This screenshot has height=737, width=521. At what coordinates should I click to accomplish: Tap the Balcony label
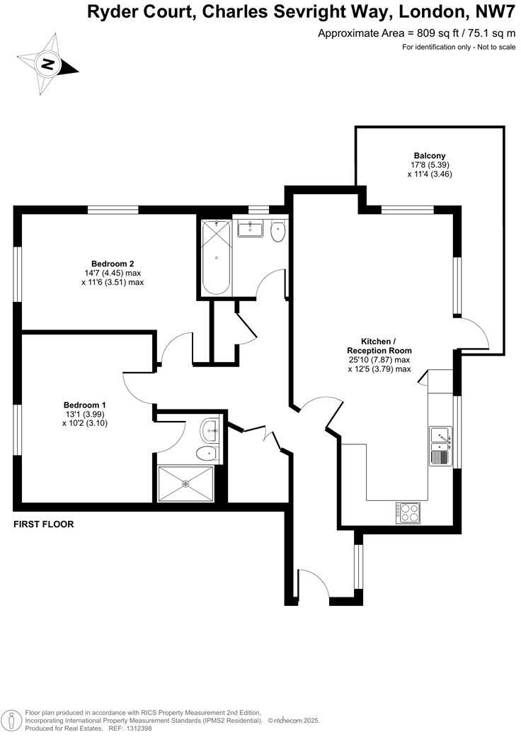point(430,156)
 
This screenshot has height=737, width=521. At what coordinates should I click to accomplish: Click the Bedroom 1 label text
point(84,405)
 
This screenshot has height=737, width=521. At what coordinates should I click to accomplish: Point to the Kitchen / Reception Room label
point(379,346)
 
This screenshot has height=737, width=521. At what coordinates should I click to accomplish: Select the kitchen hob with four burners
point(408,512)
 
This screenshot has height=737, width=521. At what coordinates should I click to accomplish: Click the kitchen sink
point(440,445)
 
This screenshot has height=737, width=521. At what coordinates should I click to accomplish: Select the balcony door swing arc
point(476,332)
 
